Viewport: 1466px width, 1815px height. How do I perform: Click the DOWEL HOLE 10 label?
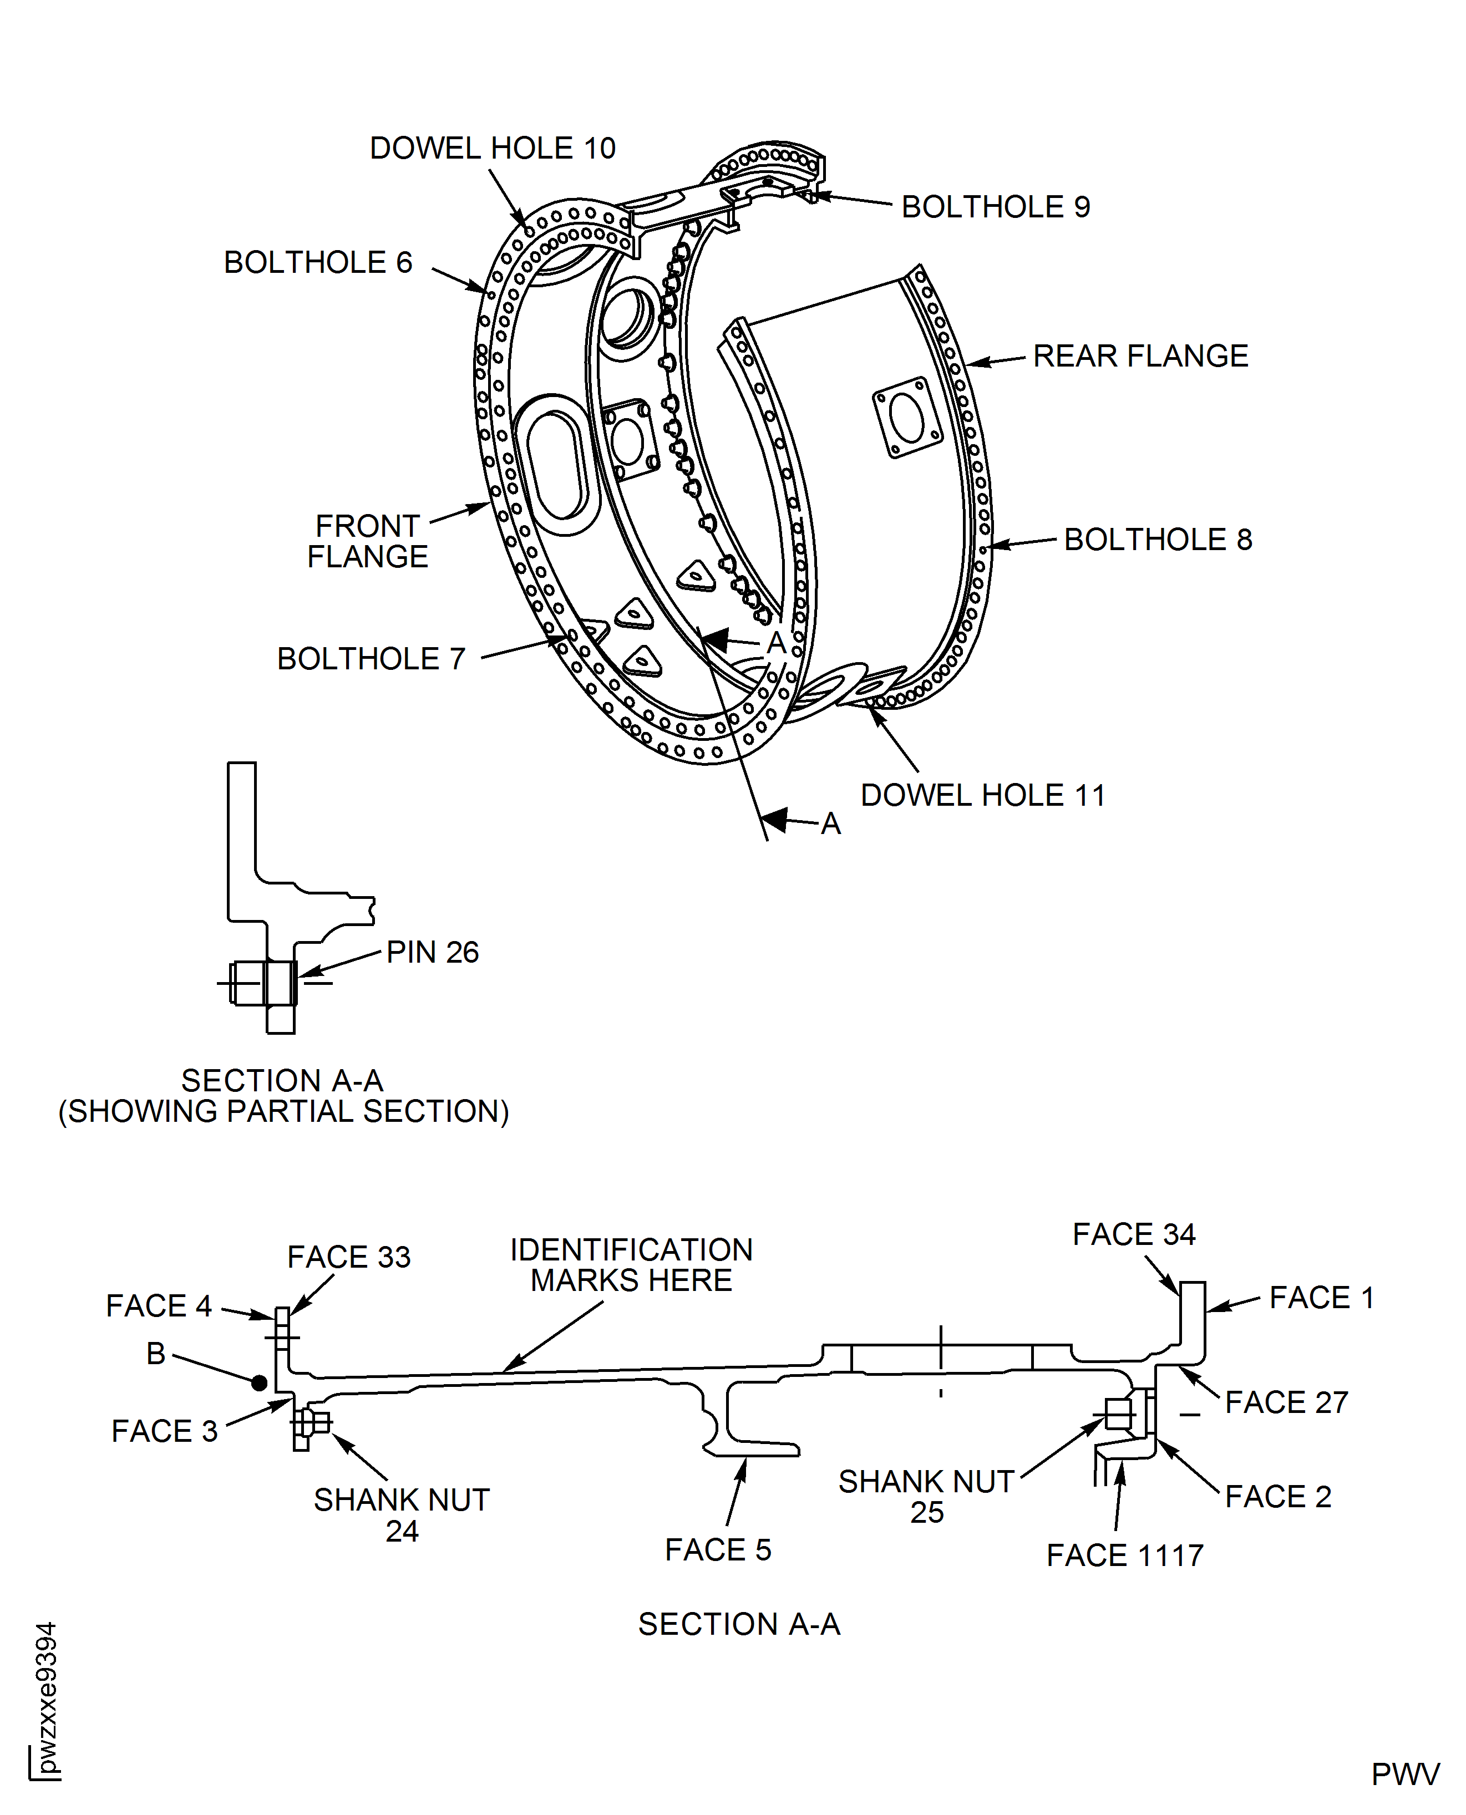coord(493,149)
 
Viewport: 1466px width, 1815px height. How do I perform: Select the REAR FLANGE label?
coord(1140,356)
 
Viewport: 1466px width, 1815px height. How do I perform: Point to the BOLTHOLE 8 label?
coord(1157,540)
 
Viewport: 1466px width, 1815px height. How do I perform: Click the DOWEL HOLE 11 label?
coord(982,795)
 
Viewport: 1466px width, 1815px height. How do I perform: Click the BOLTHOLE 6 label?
coord(317,262)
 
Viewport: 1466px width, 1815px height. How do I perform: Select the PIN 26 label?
coord(433,952)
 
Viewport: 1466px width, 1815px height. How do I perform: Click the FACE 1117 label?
coord(1124,1555)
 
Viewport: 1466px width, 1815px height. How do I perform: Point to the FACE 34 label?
coord(1133,1234)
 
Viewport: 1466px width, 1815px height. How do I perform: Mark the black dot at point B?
coord(259,1383)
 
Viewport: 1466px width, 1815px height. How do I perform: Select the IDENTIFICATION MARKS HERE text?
coord(631,1264)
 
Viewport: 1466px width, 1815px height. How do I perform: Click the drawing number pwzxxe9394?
coord(47,1697)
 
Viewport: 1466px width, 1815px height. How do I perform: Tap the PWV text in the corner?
coord(1405,1775)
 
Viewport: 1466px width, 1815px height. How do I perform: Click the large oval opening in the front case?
coord(556,464)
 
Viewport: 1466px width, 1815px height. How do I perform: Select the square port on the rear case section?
coord(907,417)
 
